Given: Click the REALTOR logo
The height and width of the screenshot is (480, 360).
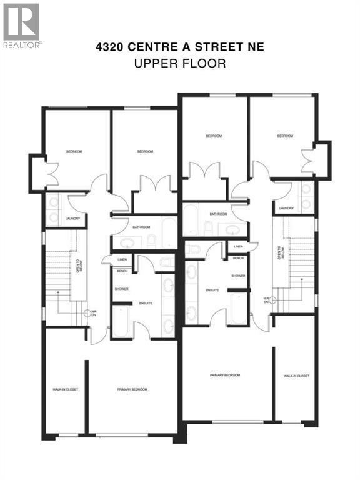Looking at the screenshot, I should [21, 26].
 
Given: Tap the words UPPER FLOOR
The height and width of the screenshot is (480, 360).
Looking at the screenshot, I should [179, 63].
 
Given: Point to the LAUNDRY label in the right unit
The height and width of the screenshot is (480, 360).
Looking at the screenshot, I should [287, 209].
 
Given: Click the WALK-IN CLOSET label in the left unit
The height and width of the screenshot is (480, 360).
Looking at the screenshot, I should [64, 389].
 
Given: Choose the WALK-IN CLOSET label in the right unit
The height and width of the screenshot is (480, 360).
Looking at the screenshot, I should [296, 376].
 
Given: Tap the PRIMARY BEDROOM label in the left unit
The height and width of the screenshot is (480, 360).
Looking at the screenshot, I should [132, 389].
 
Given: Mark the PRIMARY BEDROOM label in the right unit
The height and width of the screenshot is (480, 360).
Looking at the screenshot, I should [225, 376].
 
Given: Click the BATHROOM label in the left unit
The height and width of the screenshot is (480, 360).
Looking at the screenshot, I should [139, 219].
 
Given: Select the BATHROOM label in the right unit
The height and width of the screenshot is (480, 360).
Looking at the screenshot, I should [218, 214].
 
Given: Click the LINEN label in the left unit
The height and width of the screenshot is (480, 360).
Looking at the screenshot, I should [122, 260].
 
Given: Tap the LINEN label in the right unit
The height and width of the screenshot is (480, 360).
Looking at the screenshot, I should [238, 247].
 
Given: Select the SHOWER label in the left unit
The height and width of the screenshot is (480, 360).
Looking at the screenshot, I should [121, 289].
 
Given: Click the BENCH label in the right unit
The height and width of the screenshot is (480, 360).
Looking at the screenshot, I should [238, 258].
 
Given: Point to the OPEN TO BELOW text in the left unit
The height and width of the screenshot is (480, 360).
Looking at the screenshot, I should [79, 266].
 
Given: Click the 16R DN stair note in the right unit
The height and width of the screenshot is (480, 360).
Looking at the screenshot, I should [266, 300].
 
